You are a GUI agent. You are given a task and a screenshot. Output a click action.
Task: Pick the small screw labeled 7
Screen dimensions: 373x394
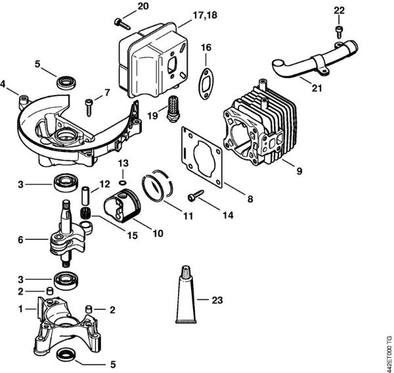pos(88,104)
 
